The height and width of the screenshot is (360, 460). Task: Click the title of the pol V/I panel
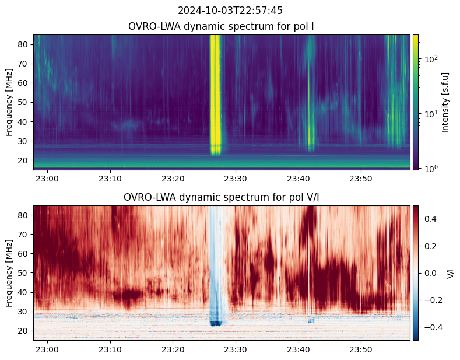click(x=222, y=197)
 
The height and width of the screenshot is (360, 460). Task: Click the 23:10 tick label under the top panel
click(x=110, y=178)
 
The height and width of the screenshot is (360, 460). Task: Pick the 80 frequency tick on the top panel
click(x=25, y=44)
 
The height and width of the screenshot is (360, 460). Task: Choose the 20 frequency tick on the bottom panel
click(x=25, y=331)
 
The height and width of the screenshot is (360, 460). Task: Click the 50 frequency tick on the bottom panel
click(x=25, y=273)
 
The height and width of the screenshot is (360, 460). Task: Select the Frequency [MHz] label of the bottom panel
click(x=9, y=273)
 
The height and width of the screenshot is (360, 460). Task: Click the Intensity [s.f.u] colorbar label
click(x=446, y=102)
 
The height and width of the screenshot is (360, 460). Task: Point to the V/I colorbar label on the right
click(x=450, y=273)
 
